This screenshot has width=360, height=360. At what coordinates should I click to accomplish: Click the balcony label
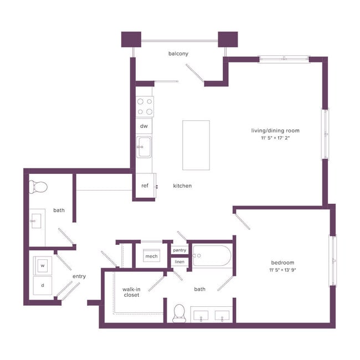[179, 54]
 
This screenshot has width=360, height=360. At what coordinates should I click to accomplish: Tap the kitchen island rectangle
[196, 145]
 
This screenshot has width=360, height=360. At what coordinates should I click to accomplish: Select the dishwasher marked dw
[144, 126]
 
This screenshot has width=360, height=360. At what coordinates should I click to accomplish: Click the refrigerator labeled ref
[145, 186]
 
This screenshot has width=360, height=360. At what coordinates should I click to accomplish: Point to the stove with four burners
[145, 106]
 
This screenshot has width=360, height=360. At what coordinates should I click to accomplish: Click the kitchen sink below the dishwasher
[144, 148]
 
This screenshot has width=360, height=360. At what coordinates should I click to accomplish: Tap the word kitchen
[182, 186]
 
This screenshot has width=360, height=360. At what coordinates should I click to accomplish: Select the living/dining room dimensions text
[275, 138]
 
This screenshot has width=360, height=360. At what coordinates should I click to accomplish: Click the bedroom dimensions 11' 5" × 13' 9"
[282, 270]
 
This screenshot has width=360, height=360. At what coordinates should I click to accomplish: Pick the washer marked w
[42, 266]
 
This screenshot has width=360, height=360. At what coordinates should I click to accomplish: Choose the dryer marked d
[42, 286]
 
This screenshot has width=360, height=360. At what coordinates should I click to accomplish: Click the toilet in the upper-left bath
[39, 187]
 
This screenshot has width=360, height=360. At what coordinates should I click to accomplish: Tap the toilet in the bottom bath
[179, 313]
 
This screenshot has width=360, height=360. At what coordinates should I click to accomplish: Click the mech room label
[151, 256]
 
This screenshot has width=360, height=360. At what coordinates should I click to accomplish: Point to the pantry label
[179, 250]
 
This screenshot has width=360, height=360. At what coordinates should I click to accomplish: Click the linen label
[179, 261]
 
